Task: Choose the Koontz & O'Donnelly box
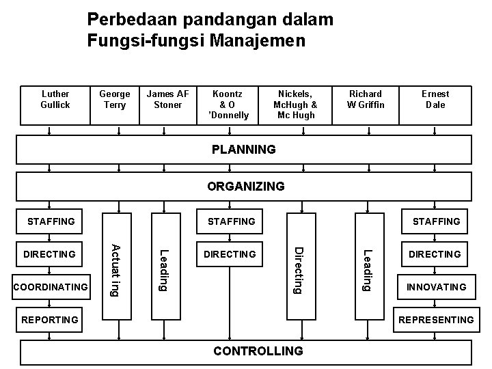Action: tap(231, 105)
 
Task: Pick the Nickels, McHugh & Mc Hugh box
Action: tap(295, 105)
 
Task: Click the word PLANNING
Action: tap(244, 149)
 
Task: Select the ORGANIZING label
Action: tap(246, 186)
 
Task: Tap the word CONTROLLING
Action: tap(258, 351)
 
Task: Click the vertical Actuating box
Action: tap(115, 270)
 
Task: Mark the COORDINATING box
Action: tap(51, 287)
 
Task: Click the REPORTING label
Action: tap(50, 320)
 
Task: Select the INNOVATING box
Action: tap(436, 287)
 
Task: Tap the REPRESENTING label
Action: tap(436, 320)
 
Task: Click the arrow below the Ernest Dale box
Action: tap(436, 130)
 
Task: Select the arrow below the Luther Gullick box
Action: tap(49, 130)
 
